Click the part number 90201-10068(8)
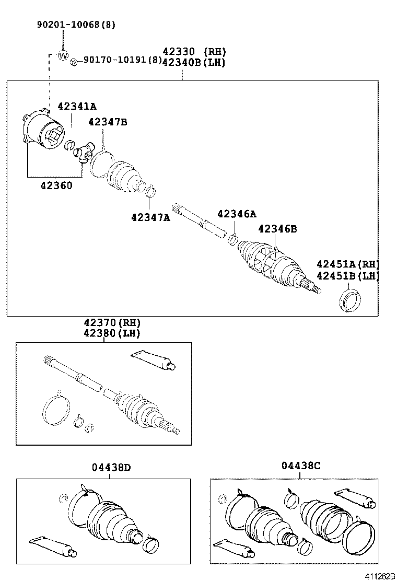coord(76,25)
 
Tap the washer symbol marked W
coord(62,55)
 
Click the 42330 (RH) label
coord(193,51)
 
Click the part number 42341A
coord(77,106)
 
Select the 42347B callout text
coord(108,122)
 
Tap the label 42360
coord(55,185)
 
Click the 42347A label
coord(150,217)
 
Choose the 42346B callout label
coord(277,228)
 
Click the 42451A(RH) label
coord(347,264)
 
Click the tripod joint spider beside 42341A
coord(84,153)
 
